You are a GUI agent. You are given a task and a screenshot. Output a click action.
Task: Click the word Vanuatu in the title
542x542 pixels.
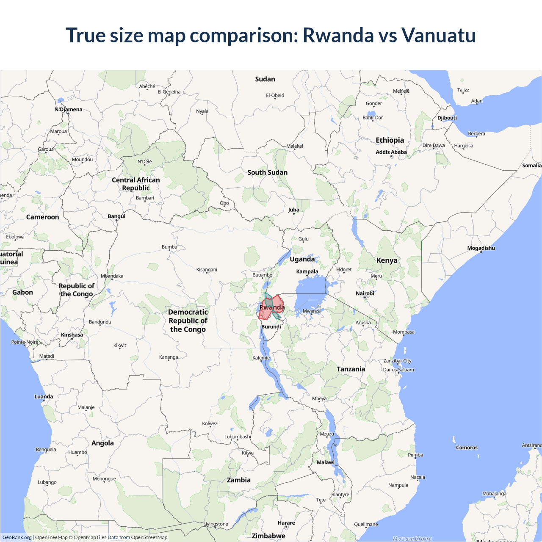438,35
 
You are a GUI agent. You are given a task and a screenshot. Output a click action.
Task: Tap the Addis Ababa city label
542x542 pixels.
391,152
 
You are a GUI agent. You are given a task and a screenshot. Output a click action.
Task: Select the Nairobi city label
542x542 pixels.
365,293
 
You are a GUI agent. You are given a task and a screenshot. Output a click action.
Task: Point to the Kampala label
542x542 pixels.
307,271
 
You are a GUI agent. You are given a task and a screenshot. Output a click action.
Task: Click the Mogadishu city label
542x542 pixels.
481,248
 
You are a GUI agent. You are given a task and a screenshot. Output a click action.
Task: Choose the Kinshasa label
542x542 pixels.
72,335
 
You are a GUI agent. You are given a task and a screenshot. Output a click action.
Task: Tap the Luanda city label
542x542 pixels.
44,397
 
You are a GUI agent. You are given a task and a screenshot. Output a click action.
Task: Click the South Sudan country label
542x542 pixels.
267,172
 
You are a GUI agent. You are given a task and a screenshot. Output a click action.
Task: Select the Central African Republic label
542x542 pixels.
136,184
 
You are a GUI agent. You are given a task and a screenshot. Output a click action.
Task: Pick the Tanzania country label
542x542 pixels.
351,369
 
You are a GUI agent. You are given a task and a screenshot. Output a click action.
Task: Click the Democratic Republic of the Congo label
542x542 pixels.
188,321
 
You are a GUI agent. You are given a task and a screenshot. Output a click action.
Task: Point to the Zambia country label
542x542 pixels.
238,480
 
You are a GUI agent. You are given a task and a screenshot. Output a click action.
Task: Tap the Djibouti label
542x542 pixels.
447,118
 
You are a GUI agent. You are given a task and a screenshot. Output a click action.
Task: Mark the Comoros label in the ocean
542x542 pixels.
467,448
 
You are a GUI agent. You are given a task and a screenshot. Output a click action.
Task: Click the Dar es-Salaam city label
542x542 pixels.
398,370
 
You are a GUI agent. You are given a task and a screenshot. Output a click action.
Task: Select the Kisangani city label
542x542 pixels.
207,270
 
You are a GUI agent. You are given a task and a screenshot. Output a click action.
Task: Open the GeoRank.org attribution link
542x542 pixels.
17,537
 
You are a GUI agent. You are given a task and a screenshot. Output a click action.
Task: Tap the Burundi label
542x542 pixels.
271,327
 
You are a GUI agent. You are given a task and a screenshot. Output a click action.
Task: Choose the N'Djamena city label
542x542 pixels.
68,109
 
